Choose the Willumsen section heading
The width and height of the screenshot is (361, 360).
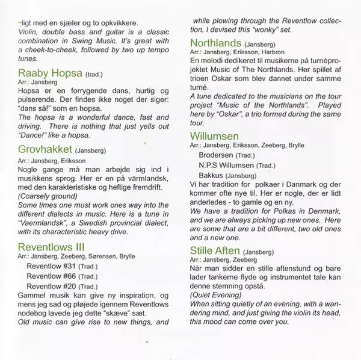pyautogui.click(x=215, y=136)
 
